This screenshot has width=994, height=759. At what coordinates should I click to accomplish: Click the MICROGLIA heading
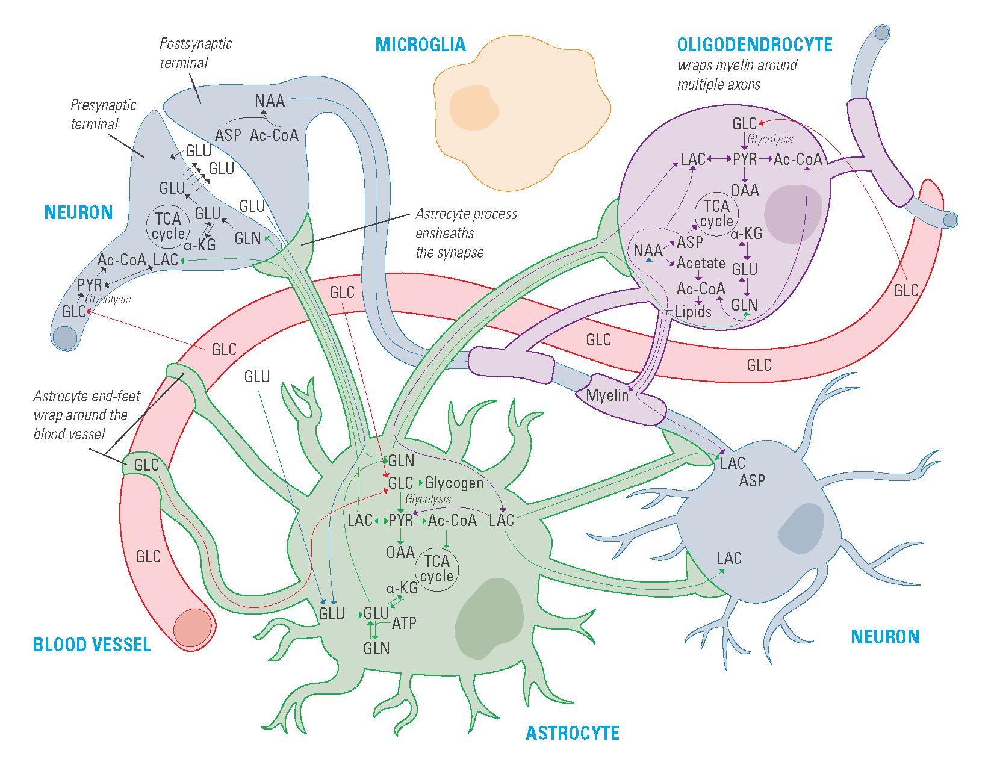click(420, 45)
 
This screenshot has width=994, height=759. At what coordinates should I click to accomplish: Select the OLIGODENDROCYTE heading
click(754, 45)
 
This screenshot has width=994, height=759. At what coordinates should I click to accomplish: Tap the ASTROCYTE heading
click(572, 733)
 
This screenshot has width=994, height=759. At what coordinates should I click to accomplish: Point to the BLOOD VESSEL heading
click(92, 645)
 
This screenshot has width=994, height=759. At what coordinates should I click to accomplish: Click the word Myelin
click(607, 395)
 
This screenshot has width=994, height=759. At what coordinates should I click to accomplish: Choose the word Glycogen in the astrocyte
click(454, 483)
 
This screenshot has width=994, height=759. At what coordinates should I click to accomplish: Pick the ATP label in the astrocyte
click(404, 624)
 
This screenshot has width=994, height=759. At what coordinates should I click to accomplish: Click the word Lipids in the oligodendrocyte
click(693, 312)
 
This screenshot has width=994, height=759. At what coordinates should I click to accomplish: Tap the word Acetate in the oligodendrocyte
click(701, 263)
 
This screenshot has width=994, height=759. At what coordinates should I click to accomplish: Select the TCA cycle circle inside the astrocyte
click(436, 569)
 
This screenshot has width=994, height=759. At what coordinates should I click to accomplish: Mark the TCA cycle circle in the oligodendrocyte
click(716, 214)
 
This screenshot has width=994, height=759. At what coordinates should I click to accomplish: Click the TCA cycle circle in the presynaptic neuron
click(168, 226)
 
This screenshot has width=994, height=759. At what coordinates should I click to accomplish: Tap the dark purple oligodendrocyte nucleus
click(793, 214)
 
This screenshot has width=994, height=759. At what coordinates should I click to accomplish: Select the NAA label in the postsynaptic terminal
click(269, 101)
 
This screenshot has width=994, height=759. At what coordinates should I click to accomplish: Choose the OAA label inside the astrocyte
click(400, 552)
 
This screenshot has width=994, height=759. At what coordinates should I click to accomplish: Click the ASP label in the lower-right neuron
click(752, 480)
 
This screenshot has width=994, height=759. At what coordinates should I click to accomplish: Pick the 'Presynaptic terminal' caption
click(103, 114)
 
